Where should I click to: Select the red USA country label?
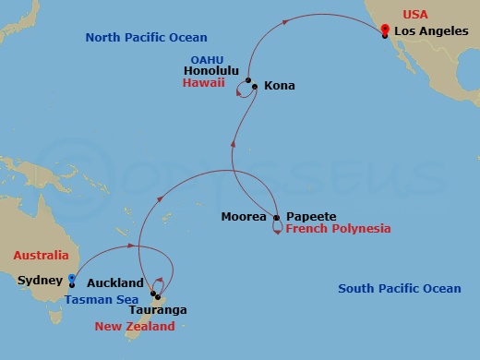[412, 16]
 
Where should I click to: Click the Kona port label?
[279, 86]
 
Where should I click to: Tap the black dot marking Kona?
[254, 86]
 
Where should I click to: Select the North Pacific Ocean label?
[146, 38]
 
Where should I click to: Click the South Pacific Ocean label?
[399, 289]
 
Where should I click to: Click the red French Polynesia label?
[338, 229]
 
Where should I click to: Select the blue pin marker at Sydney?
[71, 280]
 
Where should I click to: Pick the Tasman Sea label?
[102, 299]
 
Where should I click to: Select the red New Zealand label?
[135, 327]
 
